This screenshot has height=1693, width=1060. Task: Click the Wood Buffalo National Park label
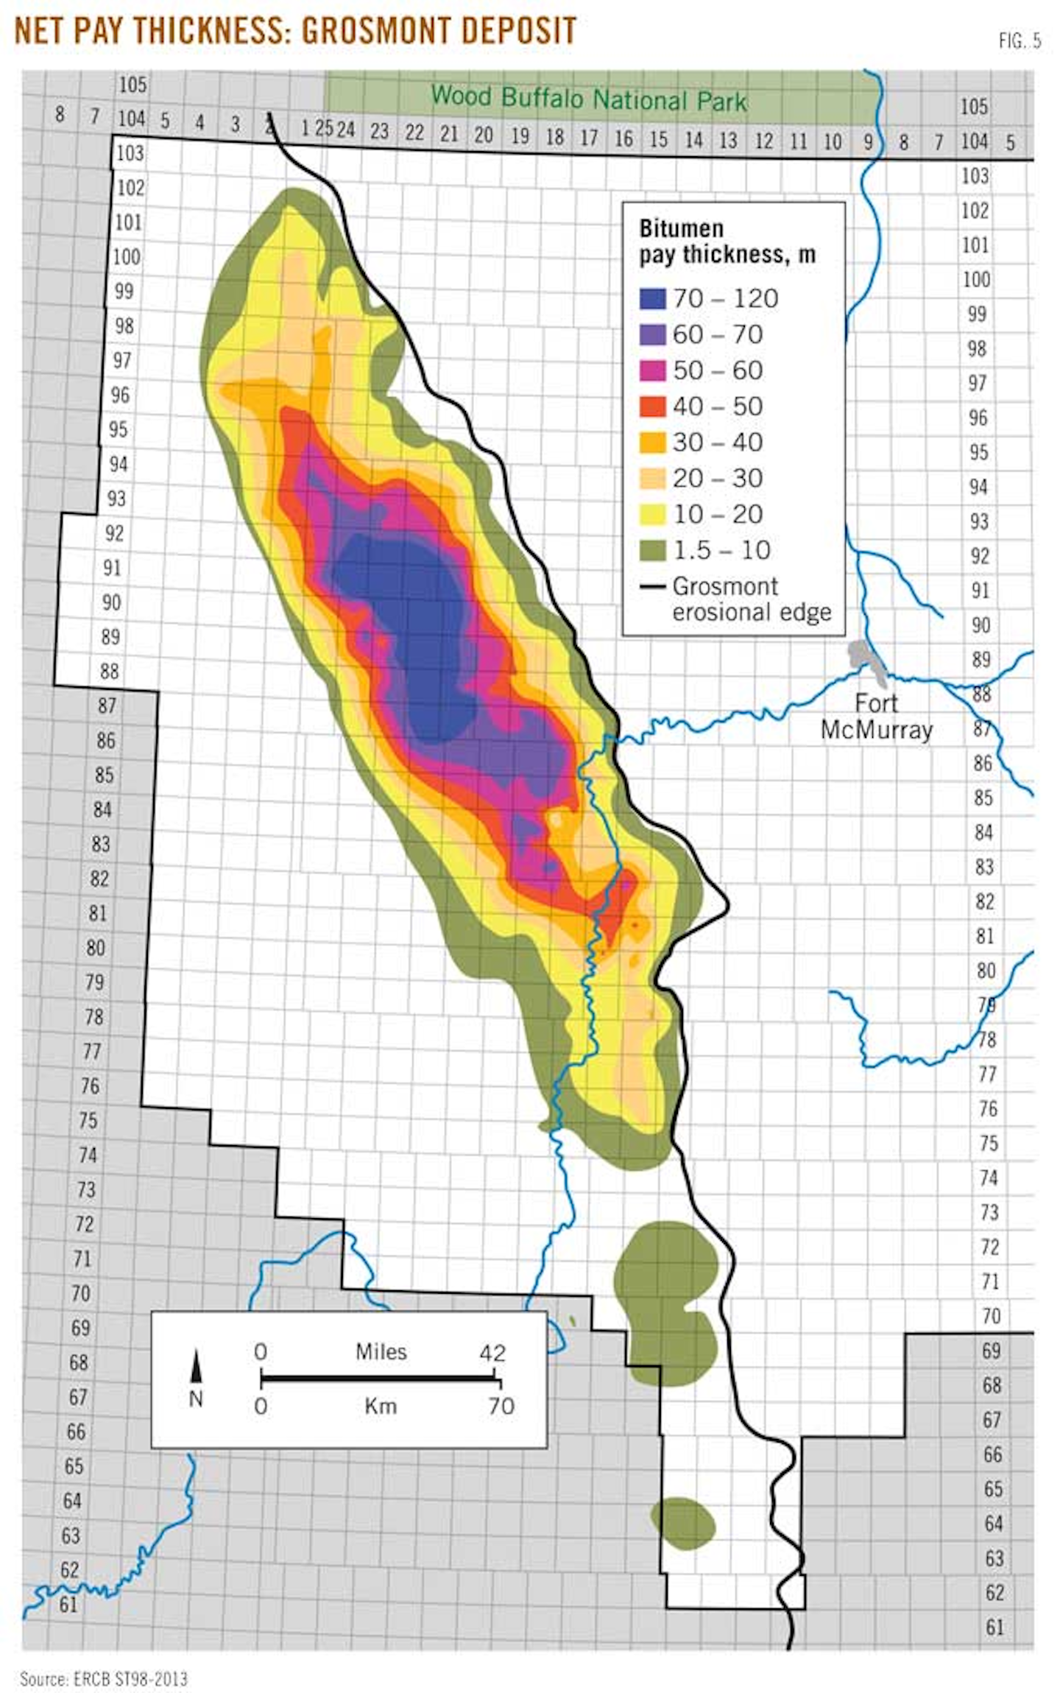pos(589,99)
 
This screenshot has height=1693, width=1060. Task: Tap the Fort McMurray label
pos(876,717)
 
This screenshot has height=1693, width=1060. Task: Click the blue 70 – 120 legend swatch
pos(652,298)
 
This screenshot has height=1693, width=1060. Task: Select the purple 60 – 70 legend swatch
pos(652,334)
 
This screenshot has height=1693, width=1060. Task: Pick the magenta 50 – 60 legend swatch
pos(652,370)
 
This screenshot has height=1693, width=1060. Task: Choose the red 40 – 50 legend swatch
pos(652,406)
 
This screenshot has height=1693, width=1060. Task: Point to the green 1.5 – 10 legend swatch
pos(652,550)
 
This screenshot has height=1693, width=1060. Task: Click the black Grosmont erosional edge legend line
pos(652,587)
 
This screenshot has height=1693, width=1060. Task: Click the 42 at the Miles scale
pos(492,1353)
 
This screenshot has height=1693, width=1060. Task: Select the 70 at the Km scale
pos(501,1406)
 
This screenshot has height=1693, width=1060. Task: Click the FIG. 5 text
pos(1020,41)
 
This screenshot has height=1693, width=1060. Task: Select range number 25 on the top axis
pos(324,128)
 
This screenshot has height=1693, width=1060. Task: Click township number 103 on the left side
pos(130,153)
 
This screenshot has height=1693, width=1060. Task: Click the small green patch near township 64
pos(683,1521)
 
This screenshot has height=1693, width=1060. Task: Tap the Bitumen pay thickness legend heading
pos(726,241)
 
